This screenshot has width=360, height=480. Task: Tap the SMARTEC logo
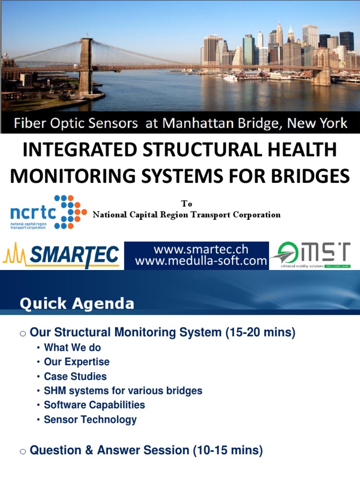61,255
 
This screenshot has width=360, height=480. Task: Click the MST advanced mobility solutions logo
314,255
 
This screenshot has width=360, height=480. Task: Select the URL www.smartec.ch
201,249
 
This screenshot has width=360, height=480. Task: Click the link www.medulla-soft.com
201,262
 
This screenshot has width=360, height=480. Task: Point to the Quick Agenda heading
77,304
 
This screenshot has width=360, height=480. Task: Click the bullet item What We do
72,347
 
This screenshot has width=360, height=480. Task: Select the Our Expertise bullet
76,362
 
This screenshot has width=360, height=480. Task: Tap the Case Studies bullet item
75,376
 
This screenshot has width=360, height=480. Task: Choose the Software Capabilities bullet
94,405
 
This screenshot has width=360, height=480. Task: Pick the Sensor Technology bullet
90,420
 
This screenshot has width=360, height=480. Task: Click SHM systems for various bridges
123,390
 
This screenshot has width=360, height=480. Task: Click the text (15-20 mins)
260,333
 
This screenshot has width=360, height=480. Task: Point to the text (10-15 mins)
228,450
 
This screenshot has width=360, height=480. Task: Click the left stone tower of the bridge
85,66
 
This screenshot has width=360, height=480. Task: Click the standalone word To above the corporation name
187,204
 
